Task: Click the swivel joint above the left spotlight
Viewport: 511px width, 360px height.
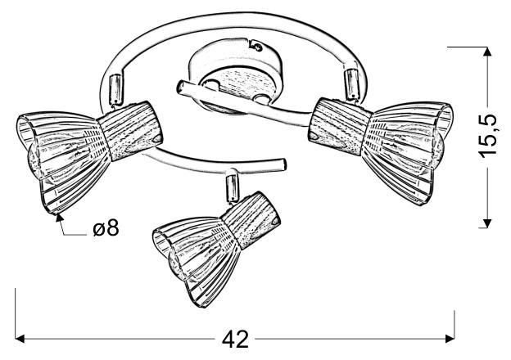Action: [115, 88]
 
